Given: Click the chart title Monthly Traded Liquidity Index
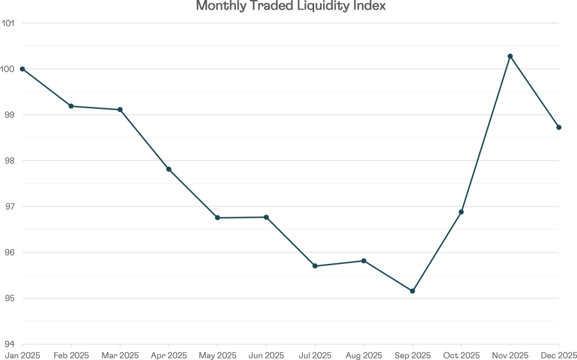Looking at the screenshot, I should pyautogui.click(x=290, y=6).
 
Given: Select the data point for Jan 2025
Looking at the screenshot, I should pyautogui.click(x=22, y=69).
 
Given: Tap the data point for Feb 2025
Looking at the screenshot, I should pyautogui.click(x=71, y=106).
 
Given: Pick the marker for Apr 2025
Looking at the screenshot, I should pyautogui.click(x=169, y=169).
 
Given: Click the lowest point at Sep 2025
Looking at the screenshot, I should pyautogui.click(x=412, y=291).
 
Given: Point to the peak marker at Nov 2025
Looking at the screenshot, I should pyautogui.click(x=510, y=56).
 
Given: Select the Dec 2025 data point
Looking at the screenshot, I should pyautogui.click(x=559, y=127).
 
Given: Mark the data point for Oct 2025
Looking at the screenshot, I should pyautogui.click(x=461, y=212).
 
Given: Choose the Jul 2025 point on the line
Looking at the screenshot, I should pyautogui.click(x=315, y=266).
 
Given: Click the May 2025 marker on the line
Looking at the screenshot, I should pyautogui.click(x=217, y=218).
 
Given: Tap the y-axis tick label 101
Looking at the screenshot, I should pyautogui.click(x=9, y=23).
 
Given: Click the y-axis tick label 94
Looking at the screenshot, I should pyautogui.click(x=10, y=344).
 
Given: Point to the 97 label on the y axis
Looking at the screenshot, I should pyautogui.click(x=10, y=206).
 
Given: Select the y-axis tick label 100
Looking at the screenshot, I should pyautogui.click(x=9, y=69).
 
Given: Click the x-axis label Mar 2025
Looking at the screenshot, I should pyautogui.click(x=120, y=354).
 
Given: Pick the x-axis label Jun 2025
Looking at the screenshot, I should pyautogui.click(x=266, y=354).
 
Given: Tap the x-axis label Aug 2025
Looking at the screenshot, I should pyautogui.click(x=364, y=354).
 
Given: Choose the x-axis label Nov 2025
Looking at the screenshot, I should pyautogui.click(x=510, y=354).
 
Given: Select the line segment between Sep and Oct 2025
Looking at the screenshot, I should pyautogui.click(x=437, y=252).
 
